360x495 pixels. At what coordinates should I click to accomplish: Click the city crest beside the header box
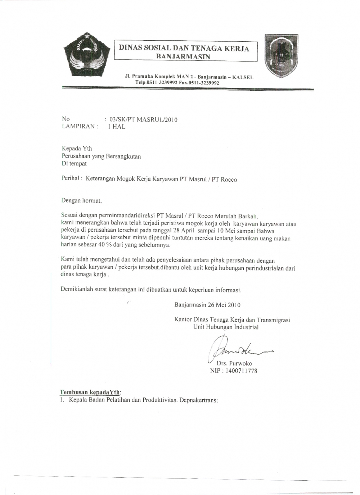pos(281,56)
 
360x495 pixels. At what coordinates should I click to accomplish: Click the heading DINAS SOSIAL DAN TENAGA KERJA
pos(184,48)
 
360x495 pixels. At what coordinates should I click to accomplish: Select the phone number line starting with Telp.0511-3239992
pos(177,83)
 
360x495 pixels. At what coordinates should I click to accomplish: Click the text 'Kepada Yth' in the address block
pos(77,148)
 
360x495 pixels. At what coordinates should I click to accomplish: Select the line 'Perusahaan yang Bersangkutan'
pos(101,156)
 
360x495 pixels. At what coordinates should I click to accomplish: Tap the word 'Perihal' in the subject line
pos(71,179)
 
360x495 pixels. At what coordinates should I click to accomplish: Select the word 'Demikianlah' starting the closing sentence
pos(77,289)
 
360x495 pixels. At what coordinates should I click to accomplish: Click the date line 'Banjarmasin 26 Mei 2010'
pos(207,305)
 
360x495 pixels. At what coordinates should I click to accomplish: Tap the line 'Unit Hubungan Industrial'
pos(226,327)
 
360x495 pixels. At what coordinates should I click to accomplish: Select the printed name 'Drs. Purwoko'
pos(234,363)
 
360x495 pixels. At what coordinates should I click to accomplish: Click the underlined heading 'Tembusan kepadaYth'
pos(90,392)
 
